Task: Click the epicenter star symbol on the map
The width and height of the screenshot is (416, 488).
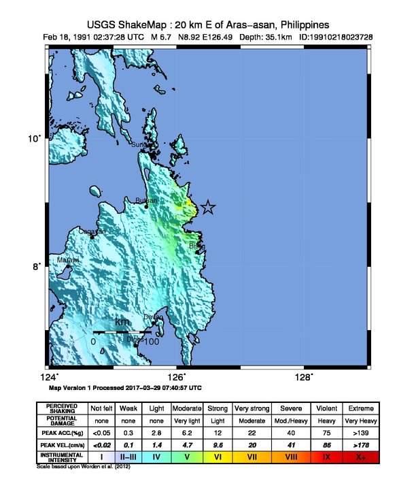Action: pyautogui.click(x=208, y=208)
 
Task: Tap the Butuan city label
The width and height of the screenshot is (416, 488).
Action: pyautogui.click(x=147, y=200)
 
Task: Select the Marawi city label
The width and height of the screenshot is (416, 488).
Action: pyautogui.click(x=67, y=260)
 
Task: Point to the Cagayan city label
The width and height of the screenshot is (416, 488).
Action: pyautogui.click(x=92, y=231)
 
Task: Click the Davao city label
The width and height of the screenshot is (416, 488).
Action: pyautogui.click(x=153, y=316)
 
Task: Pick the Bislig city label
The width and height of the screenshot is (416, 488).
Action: pyautogui.click(x=197, y=246)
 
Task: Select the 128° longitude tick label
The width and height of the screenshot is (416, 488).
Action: pyautogui.click(x=304, y=377)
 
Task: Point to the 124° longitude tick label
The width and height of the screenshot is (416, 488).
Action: pyautogui.click(x=50, y=377)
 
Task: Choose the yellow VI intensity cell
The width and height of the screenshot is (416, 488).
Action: pyautogui.click(x=217, y=456)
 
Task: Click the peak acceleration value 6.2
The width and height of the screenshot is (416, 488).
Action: pyautogui.click(x=186, y=432)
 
